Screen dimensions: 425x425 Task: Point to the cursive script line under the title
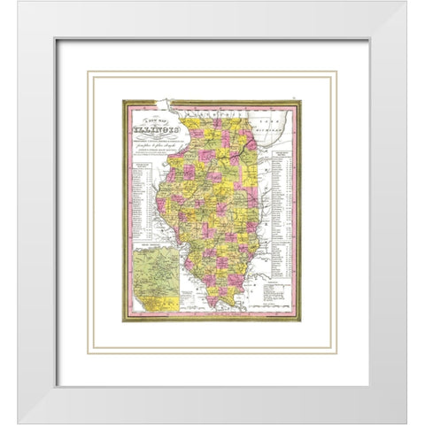point(156,152)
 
